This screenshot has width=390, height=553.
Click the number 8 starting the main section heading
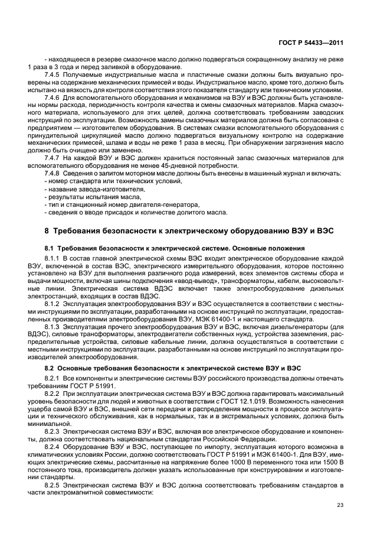[x=47, y=230]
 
